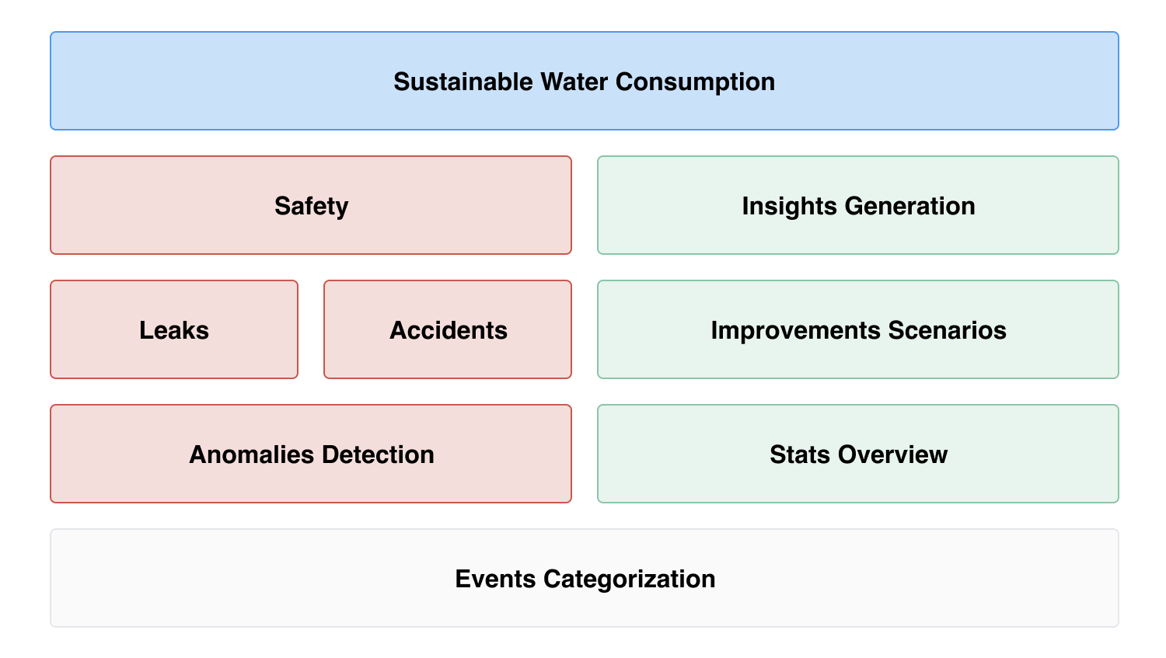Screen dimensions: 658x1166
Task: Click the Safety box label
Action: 311,206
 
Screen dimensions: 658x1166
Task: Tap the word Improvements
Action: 796,330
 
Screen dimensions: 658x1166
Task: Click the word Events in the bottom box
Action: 495,579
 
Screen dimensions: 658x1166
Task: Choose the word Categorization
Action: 629,579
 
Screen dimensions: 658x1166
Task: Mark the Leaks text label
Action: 174,330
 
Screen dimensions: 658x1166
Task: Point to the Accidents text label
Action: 448,330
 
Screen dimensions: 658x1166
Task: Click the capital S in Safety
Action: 281,206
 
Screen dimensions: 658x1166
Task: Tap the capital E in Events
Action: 462,579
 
